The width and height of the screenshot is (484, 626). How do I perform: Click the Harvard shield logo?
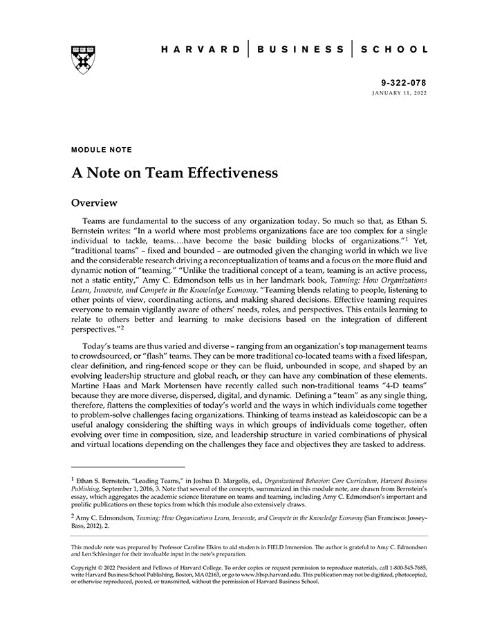pyautogui.click(x=82, y=59)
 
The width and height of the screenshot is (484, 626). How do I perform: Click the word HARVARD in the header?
pyautogui.click(x=200, y=50)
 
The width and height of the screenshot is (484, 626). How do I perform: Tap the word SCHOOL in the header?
pyautogui.click(x=395, y=50)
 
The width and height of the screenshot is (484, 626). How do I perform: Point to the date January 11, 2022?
pyautogui.click(x=400, y=92)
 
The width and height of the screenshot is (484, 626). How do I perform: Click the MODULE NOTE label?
pyautogui.click(x=101, y=149)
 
